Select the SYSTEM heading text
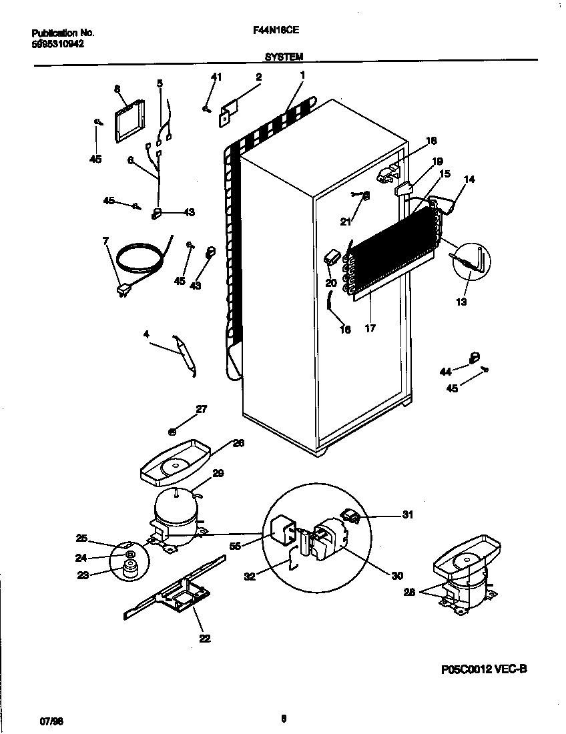(x=284, y=57)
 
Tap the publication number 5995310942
(x=57, y=43)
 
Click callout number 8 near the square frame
(x=117, y=88)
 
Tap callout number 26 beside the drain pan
(x=238, y=442)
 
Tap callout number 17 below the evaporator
(x=370, y=328)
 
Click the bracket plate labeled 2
(x=228, y=111)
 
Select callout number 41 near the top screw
(x=216, y=77)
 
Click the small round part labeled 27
(x=173, y=432)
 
